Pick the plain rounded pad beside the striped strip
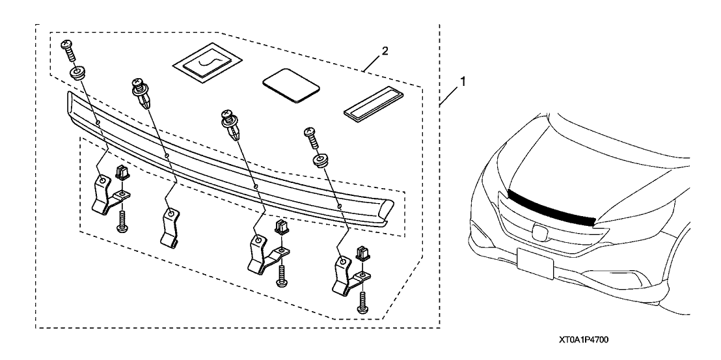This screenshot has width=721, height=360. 291,84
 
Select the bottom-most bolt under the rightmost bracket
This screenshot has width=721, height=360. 362,299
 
